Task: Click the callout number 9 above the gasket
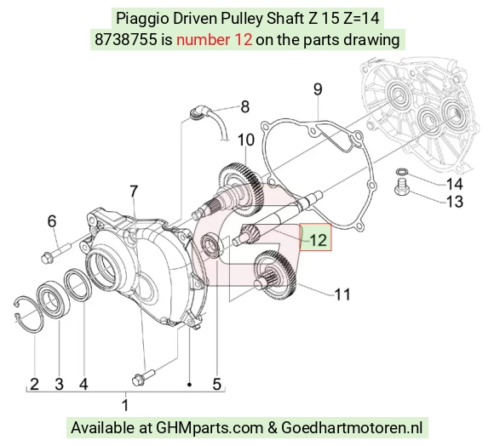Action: [x=318, y=89]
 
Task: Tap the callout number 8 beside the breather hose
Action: [x=244, y=106]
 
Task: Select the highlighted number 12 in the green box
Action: [x=319, y=241]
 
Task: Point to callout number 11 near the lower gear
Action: [x=342, y=294]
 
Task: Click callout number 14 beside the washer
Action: [x=455, y=184]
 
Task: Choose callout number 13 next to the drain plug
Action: [x=455, y=201]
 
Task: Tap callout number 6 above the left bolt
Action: [x=52, y=221]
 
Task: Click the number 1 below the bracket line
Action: [x=125, y=405]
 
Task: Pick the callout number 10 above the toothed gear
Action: [x=246, y=140]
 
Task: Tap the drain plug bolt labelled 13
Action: [x=402, y=187]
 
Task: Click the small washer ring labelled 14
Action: [x=401, y=172]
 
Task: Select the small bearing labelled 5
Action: [x=212, y=246]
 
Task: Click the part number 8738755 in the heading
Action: [x=126, y=40]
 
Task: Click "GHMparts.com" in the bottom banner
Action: [x=210, y=428]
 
